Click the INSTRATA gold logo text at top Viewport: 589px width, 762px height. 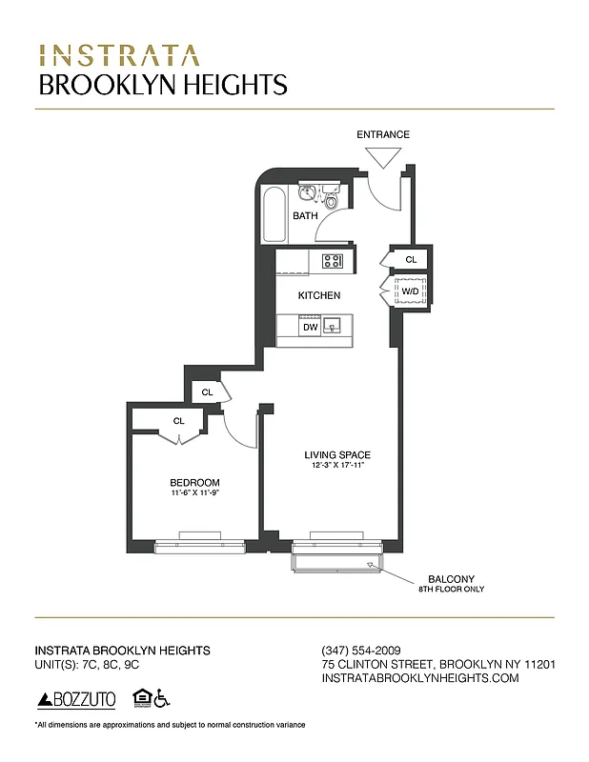(x=119, y=54)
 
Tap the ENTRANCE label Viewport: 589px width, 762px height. (x=383, y=134)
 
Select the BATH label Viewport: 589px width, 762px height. (x=305, y=216)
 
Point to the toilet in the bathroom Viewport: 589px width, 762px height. (x=331, y=200)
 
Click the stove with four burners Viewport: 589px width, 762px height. (x=333, y=261)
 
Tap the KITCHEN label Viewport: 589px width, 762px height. (x=318, y=295)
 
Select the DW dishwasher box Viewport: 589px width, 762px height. (x=309, y=328)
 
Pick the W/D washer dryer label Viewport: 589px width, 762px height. (x=409, y=291)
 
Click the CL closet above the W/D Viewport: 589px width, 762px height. (x=411, y=259)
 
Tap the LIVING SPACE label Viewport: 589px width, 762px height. (x=337, y=454)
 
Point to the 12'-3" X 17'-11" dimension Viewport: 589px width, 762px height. (x=337, y=465)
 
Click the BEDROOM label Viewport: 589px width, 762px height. (x=194, y=482)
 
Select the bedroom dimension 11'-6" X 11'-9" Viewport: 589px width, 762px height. (x=194, y=492)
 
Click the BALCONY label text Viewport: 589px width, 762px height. (x=451, y=579)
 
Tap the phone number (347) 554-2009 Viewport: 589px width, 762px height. (x=359, y=650)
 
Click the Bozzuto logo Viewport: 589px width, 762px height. (x=76, y=700)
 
